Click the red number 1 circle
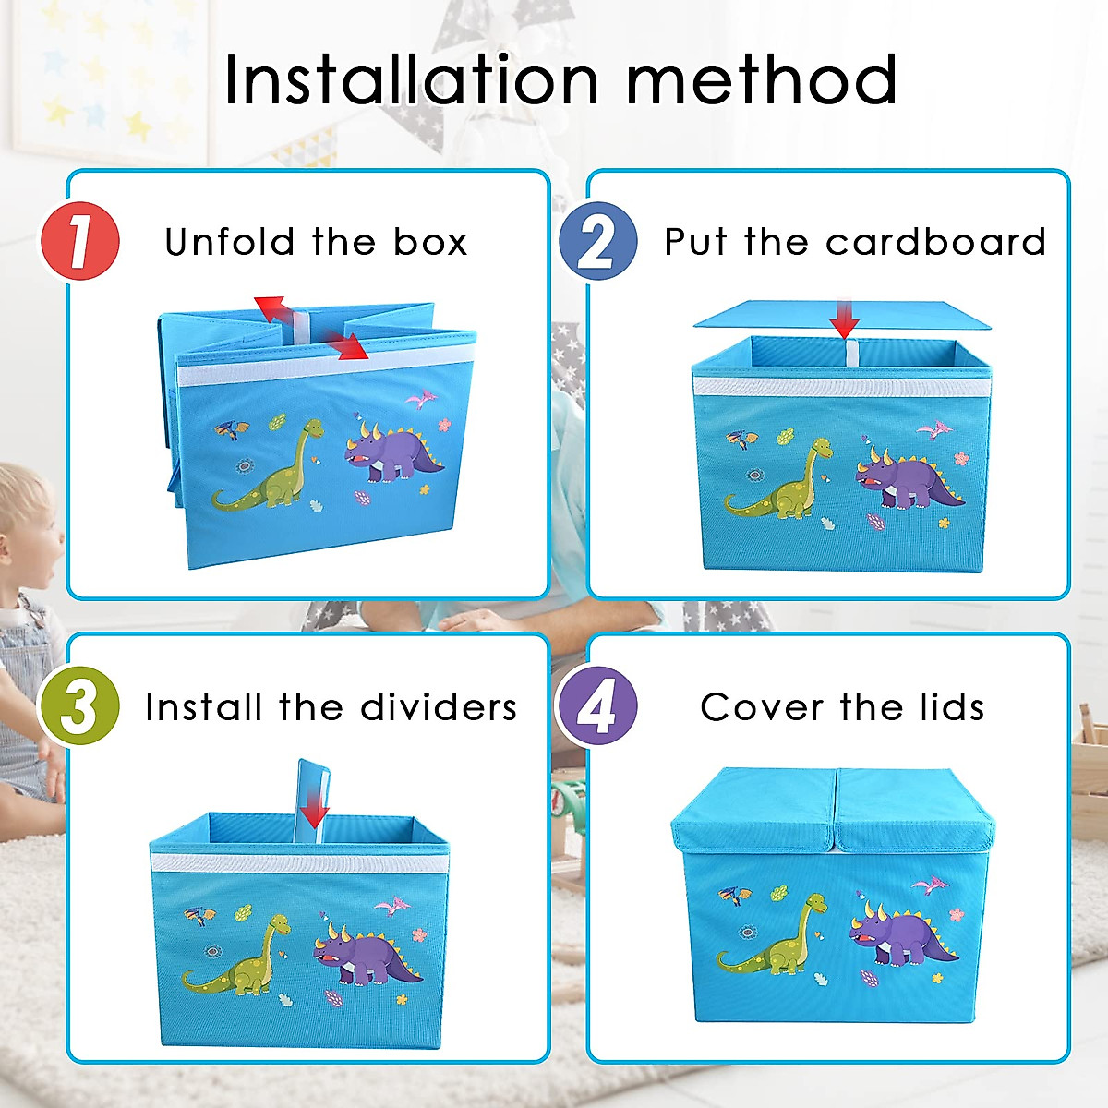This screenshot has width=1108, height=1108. [80, 241]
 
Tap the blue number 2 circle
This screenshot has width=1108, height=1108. [598, 241]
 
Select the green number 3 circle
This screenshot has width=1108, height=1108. [79, 706]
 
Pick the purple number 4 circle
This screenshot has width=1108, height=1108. [598, 706]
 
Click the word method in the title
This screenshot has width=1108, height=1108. [762, 80]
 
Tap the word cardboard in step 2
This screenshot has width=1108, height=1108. [935, 242]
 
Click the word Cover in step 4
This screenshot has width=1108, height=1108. [762, 707]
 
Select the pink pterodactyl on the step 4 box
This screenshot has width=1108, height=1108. [930, 885]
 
